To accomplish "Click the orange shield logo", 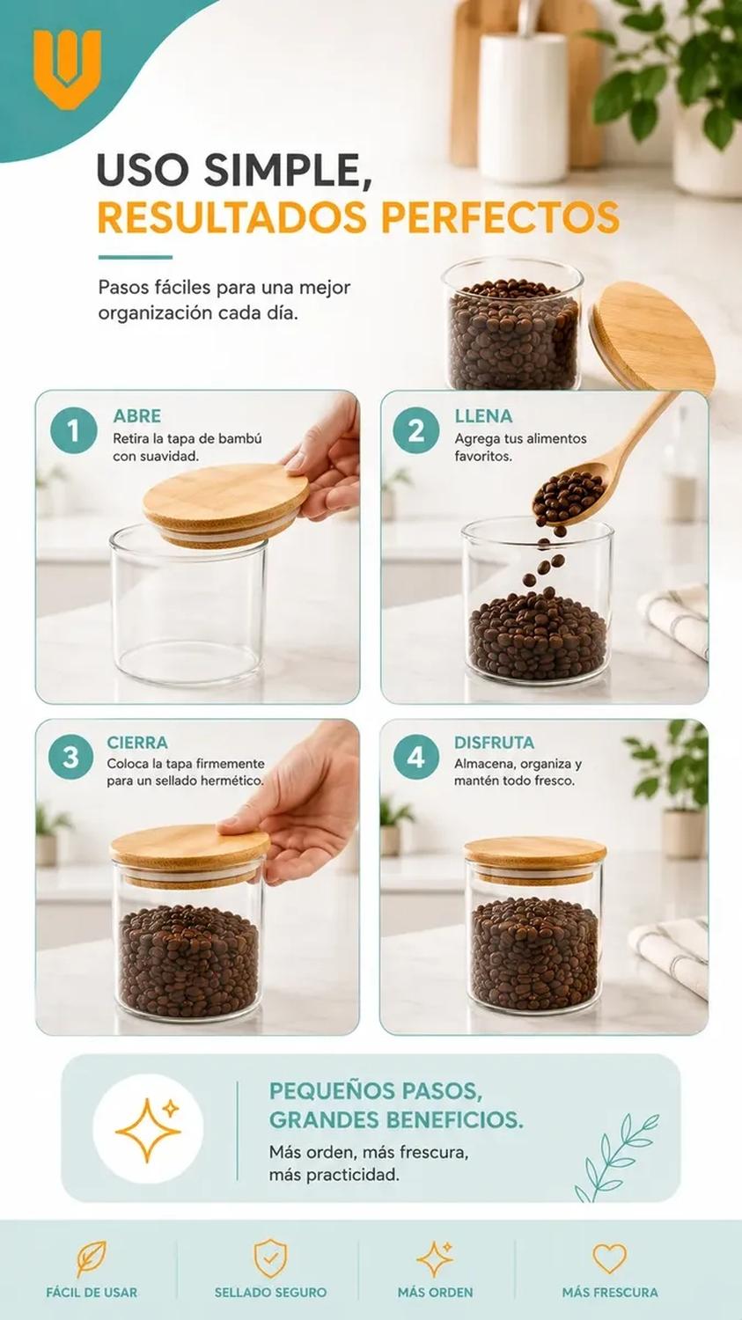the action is [67, 69].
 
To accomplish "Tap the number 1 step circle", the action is [74, 430].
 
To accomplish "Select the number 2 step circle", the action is [416, 430].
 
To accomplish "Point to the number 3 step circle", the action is [70, 757].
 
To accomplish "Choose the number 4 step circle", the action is [416, 757].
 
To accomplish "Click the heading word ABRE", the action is [136, 416].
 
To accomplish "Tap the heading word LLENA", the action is [483, 416].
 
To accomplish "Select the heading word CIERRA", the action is [137, 743].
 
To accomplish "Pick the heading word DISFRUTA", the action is [494, 743].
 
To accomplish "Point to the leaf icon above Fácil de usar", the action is [92, 1259].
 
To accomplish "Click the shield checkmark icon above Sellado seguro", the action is [270, 1258].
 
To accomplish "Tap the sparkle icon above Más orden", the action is [435, 1258].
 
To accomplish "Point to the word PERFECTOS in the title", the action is [500, 217].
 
